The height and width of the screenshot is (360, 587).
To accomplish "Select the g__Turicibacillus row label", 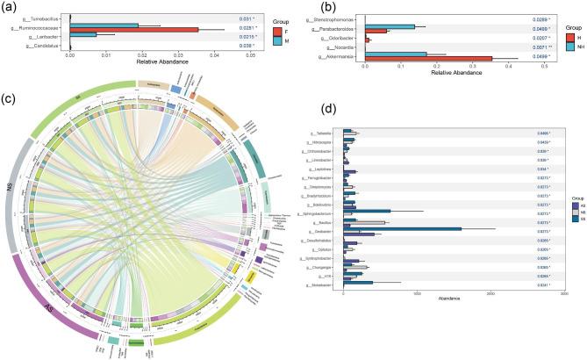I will click(x=42, y=18).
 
